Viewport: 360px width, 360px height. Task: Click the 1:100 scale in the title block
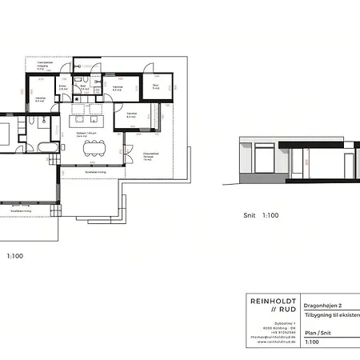pyautogui.click(x=313, y=342)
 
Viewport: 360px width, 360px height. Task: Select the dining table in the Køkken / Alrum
pyautogui.click(x=94, y=145)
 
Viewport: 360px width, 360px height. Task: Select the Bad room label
pyautogui.click(x=81, y=86)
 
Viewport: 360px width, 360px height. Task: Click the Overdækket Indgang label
pyautogui.click(x=41, y=66)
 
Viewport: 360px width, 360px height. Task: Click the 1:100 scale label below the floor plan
pyautogui.click(x=14, y=256)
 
